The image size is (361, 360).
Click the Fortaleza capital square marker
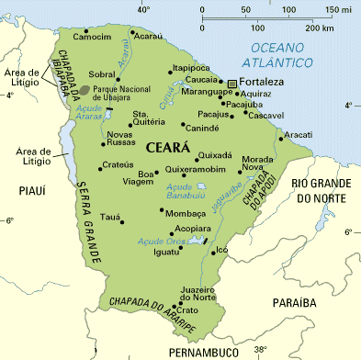pos(232,83)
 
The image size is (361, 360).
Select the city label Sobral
pos(102,73)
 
